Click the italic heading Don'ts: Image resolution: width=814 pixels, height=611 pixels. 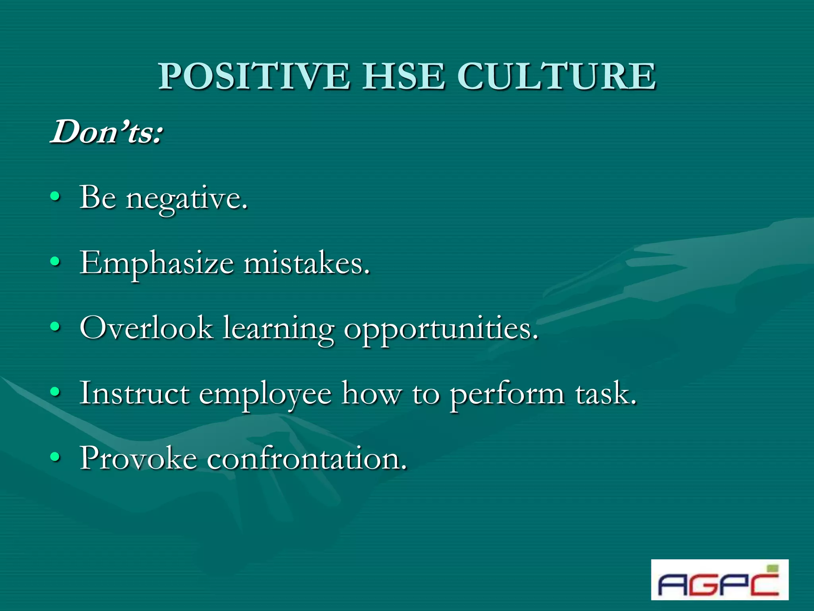(107, 132)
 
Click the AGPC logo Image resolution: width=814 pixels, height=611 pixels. (719, 580)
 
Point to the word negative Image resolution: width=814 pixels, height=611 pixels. (187, 199)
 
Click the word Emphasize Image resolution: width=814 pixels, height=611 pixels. (157, 263)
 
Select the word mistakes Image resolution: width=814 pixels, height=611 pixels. (306, 263)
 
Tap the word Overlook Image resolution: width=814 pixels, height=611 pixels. (146, 328)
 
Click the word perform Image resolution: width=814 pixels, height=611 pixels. (507, 394)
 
